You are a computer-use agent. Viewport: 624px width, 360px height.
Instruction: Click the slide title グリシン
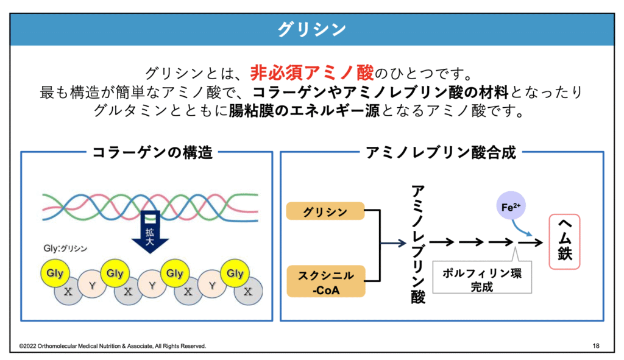click(311, 29)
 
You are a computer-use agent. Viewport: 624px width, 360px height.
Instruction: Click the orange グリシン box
click(325, 211)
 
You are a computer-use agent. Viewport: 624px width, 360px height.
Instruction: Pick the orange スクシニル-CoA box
click(325, 281)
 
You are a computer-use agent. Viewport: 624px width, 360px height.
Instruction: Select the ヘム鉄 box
click(564, 242)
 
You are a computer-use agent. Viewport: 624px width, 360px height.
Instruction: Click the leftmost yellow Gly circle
click(55, 274)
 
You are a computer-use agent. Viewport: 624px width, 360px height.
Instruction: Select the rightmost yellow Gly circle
click(235, 274)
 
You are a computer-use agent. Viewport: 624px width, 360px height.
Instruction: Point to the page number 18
click(595, 346)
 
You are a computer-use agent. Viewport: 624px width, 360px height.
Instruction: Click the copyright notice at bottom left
click(113, 346)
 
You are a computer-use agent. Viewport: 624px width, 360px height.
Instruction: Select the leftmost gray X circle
click(68, 292)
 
